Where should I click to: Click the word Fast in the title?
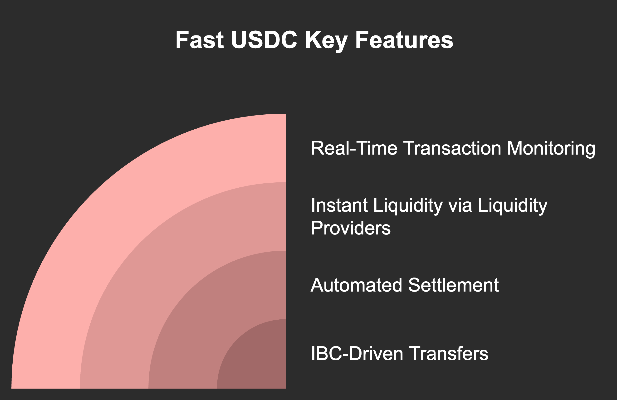pyautogui.click(x=199, y=40)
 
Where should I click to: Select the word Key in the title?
pyautogui.click(x=326, y=40)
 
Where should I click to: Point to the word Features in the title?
pyautogui.click(x=404, y=40)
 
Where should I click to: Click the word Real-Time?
pyautogui.click(x=354, y=148)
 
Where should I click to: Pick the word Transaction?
pyautogui.click(x=452, y=148)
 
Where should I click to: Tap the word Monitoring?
pyautogui.click(x=551, y=149)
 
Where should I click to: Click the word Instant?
pyautogui.click(x=339, y=205)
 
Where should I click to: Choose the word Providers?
pyautogui.click(x=351, y=228)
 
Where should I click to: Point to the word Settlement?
pyautogui.click(x=453, y=285)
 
